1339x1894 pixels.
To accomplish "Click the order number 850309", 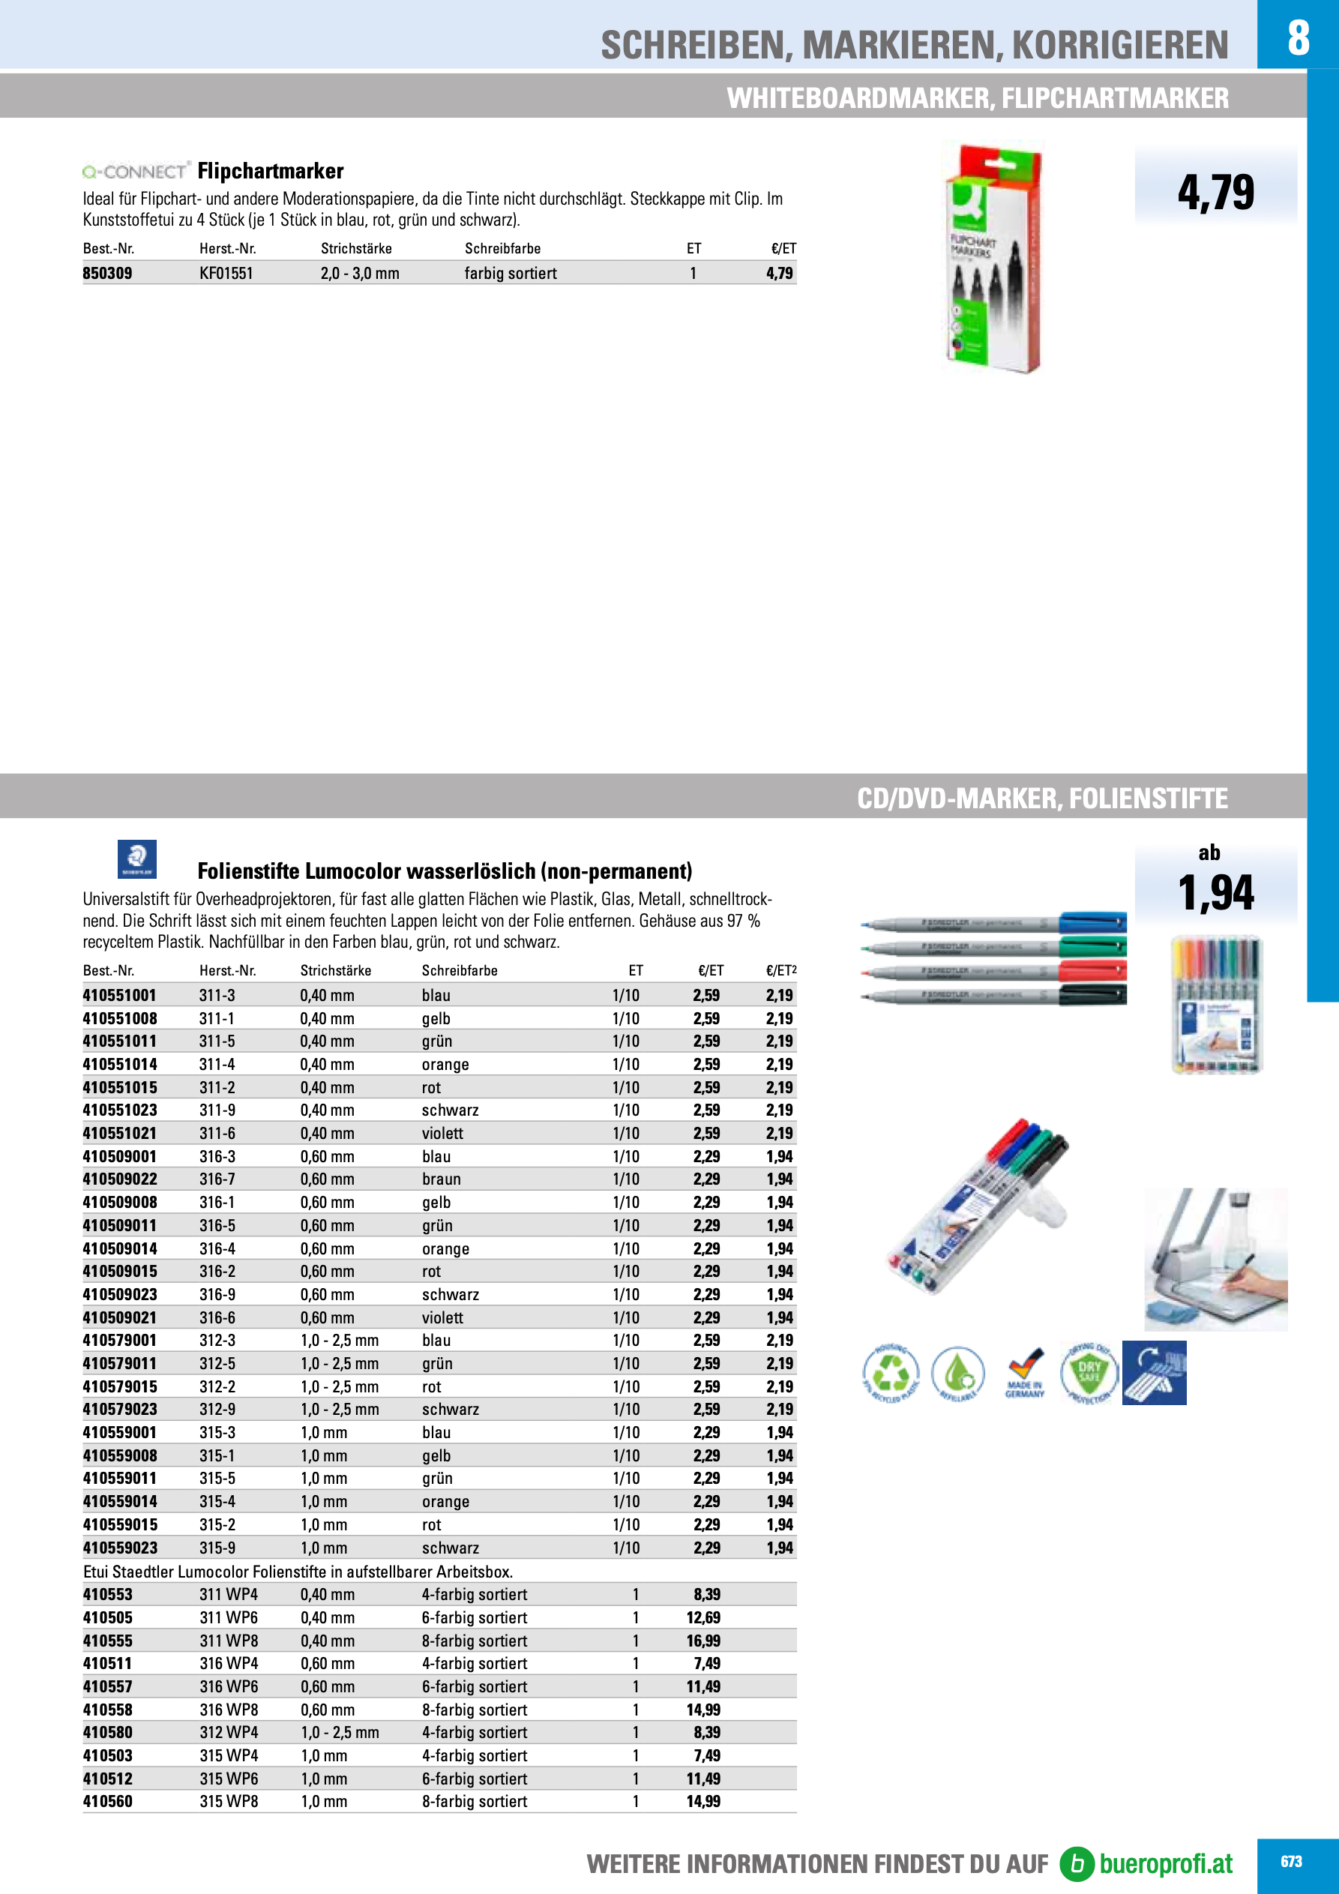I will pos(107,273).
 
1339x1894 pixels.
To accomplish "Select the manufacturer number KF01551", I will pos(226,273).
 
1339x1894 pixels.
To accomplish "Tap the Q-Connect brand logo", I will pos(136,172).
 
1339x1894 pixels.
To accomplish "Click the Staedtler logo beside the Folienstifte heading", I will pos(137,859).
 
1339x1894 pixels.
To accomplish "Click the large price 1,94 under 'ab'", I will pos(1215,892).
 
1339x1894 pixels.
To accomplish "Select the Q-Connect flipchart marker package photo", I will pos(993,259).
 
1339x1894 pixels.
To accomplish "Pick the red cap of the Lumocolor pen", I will pos(1092,970).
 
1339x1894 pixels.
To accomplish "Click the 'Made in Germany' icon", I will pos(1025,1374).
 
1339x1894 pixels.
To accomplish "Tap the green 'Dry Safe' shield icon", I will pos(1089,1373).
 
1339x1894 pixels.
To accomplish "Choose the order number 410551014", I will pos(120,1064).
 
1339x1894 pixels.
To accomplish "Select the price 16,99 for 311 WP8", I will pos(703,1641).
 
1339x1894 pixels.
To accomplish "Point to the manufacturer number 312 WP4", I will pos(229,1732).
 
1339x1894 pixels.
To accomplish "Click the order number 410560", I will pos(107,1802).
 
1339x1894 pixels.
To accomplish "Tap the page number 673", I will pos(1291,1862).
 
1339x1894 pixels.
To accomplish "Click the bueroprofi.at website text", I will pos(1166,1863).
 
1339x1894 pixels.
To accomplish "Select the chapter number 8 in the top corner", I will pos(1298,37).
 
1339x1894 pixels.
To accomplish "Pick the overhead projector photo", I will pos(1215,1260).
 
